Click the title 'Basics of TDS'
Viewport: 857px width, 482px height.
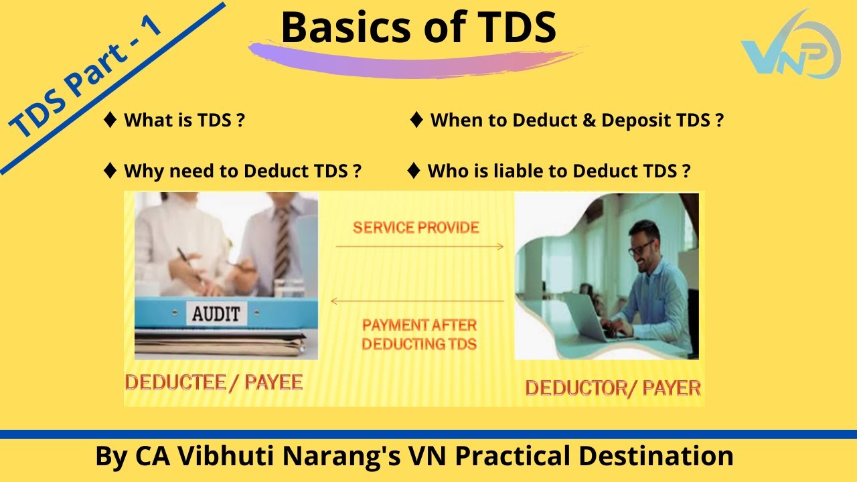tap(418, 27)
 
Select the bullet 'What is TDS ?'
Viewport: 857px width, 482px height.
tap(183, 120)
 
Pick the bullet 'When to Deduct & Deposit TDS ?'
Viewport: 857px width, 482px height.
tap(576, 120)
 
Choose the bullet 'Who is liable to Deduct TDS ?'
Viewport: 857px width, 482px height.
tap(558, 171)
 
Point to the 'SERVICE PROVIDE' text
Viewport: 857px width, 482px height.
tap(416, 228)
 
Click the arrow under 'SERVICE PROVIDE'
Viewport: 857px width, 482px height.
tap(419, 247)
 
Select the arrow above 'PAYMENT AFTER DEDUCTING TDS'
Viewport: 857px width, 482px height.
tap(418, 301)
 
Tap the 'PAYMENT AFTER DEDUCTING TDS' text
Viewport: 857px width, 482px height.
tap(419, 335)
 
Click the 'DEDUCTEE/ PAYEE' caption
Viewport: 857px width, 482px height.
tap(214, 382)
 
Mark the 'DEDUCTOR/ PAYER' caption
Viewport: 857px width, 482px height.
tap(613, 388)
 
